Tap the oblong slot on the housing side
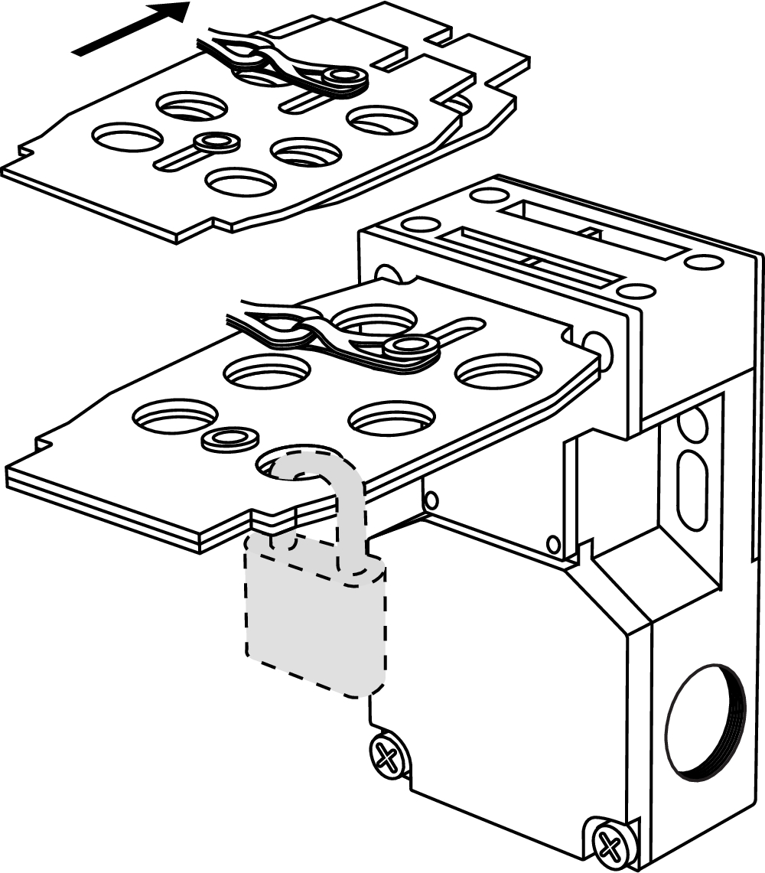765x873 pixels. tap(692, 490)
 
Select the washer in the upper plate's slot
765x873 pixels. tap(217, 142)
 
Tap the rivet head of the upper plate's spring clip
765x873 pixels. tap(346, 77)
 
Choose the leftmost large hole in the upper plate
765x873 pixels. tap(128, 138)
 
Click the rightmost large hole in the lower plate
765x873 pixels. tap(498, 372)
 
